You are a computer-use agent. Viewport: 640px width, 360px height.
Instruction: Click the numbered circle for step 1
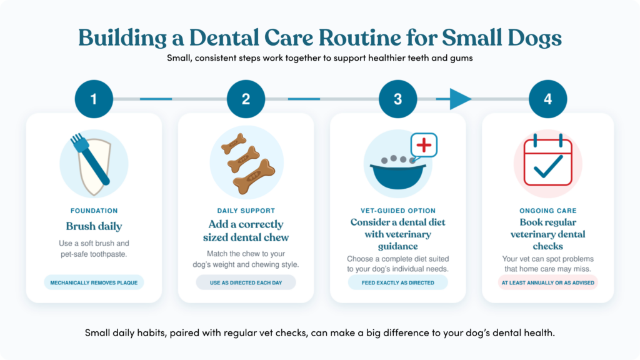(x=94, y=99)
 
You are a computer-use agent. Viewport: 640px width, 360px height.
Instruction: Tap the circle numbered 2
(x=246, y=99)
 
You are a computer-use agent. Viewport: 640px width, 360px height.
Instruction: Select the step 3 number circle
(x=397, y=99)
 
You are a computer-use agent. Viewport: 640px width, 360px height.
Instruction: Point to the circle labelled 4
(x=547, y=99)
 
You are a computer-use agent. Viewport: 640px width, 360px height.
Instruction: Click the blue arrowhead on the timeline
(x=459, y=99)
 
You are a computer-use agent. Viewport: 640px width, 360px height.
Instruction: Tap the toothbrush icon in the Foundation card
(x=90, y=159)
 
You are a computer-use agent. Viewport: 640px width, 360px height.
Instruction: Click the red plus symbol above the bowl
(x=424, y=145)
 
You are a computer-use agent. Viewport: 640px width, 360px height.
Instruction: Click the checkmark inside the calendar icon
(x=548, y=166)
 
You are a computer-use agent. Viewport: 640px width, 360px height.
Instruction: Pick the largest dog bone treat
(x=254, y=176)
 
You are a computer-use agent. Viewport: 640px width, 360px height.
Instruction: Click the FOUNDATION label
(x=94, y=211)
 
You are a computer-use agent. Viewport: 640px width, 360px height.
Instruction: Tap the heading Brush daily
(x=94, y=226)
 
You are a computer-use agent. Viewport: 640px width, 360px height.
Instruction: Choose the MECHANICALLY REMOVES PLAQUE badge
(x=94, y=282)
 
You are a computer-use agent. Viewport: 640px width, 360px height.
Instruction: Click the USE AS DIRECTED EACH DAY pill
(x=246, y=282)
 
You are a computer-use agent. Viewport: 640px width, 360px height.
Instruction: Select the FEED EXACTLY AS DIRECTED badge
(x=398, y=282)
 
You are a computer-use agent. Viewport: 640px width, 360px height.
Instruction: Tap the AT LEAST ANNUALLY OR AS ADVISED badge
(x=547, y=282)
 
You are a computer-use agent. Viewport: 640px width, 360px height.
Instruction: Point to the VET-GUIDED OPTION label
(x=398, y=211)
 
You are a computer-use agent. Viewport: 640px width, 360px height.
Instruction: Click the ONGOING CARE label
(x=547, y=211)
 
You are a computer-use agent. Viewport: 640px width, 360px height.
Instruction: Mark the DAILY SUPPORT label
(x=246, y=211)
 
